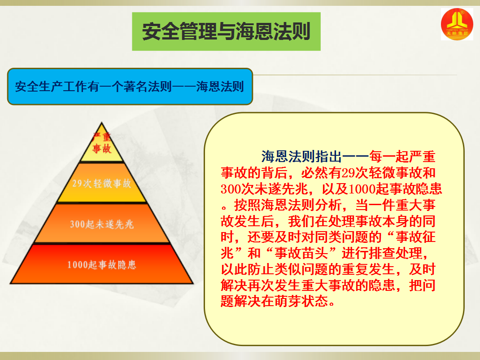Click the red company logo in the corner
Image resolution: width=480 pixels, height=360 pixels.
click(x=457, y=24)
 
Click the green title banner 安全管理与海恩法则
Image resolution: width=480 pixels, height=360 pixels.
click(x=226, y=31)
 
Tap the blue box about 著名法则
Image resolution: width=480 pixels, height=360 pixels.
click(x=130, y=86)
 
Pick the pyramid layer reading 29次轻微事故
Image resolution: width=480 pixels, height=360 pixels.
click(x=102, y=183)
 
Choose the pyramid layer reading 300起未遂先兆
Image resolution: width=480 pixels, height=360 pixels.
click(x=102, y=224)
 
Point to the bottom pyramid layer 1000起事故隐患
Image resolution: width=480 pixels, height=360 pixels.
click(x=102, y=264)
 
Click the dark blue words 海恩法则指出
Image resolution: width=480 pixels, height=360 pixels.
click(x=301, y=157)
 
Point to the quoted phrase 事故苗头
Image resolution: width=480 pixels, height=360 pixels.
click(x=301, y=253)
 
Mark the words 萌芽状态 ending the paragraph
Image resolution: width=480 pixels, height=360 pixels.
click(x=301, y=301)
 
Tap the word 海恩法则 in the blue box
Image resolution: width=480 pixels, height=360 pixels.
click(x=220, y=87)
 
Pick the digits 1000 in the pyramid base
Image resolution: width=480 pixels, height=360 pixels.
click(x=75, y=265)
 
